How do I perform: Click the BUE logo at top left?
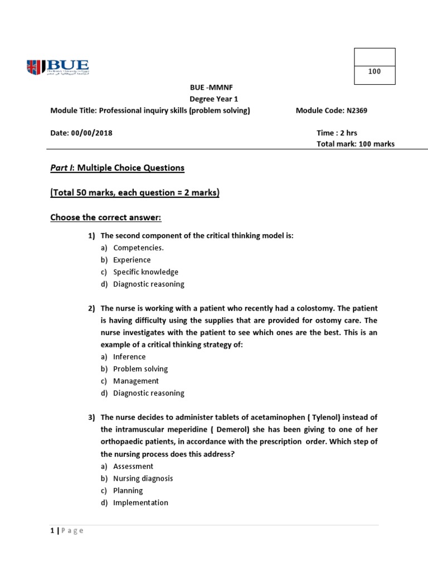click(x=57, y=67)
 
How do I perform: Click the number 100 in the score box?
click(x=374, y=71)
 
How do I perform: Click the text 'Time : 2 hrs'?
click(x=337, y=133)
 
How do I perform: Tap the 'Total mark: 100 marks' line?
click(x=355, y=144)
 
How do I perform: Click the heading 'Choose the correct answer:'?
click(x=105, y=217)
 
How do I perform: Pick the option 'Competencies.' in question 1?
click(x=138, y=248)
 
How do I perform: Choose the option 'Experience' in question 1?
click(x=132, y=260)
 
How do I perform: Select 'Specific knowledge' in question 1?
click(x=145, y=272)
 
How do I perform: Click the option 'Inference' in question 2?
click(x=129, y=357)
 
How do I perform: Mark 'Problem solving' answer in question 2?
click(x=140, y=369)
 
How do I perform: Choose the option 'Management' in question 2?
click(x=135, y=381)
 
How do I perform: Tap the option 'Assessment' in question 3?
click(x=133, y=466)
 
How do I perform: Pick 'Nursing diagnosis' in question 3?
click(x=143, y=478)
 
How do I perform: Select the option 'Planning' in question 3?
click(x=128, y=491)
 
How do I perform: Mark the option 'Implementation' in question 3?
click(x=140, y=503)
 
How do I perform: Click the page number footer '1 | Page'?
click(x=66, y=531)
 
